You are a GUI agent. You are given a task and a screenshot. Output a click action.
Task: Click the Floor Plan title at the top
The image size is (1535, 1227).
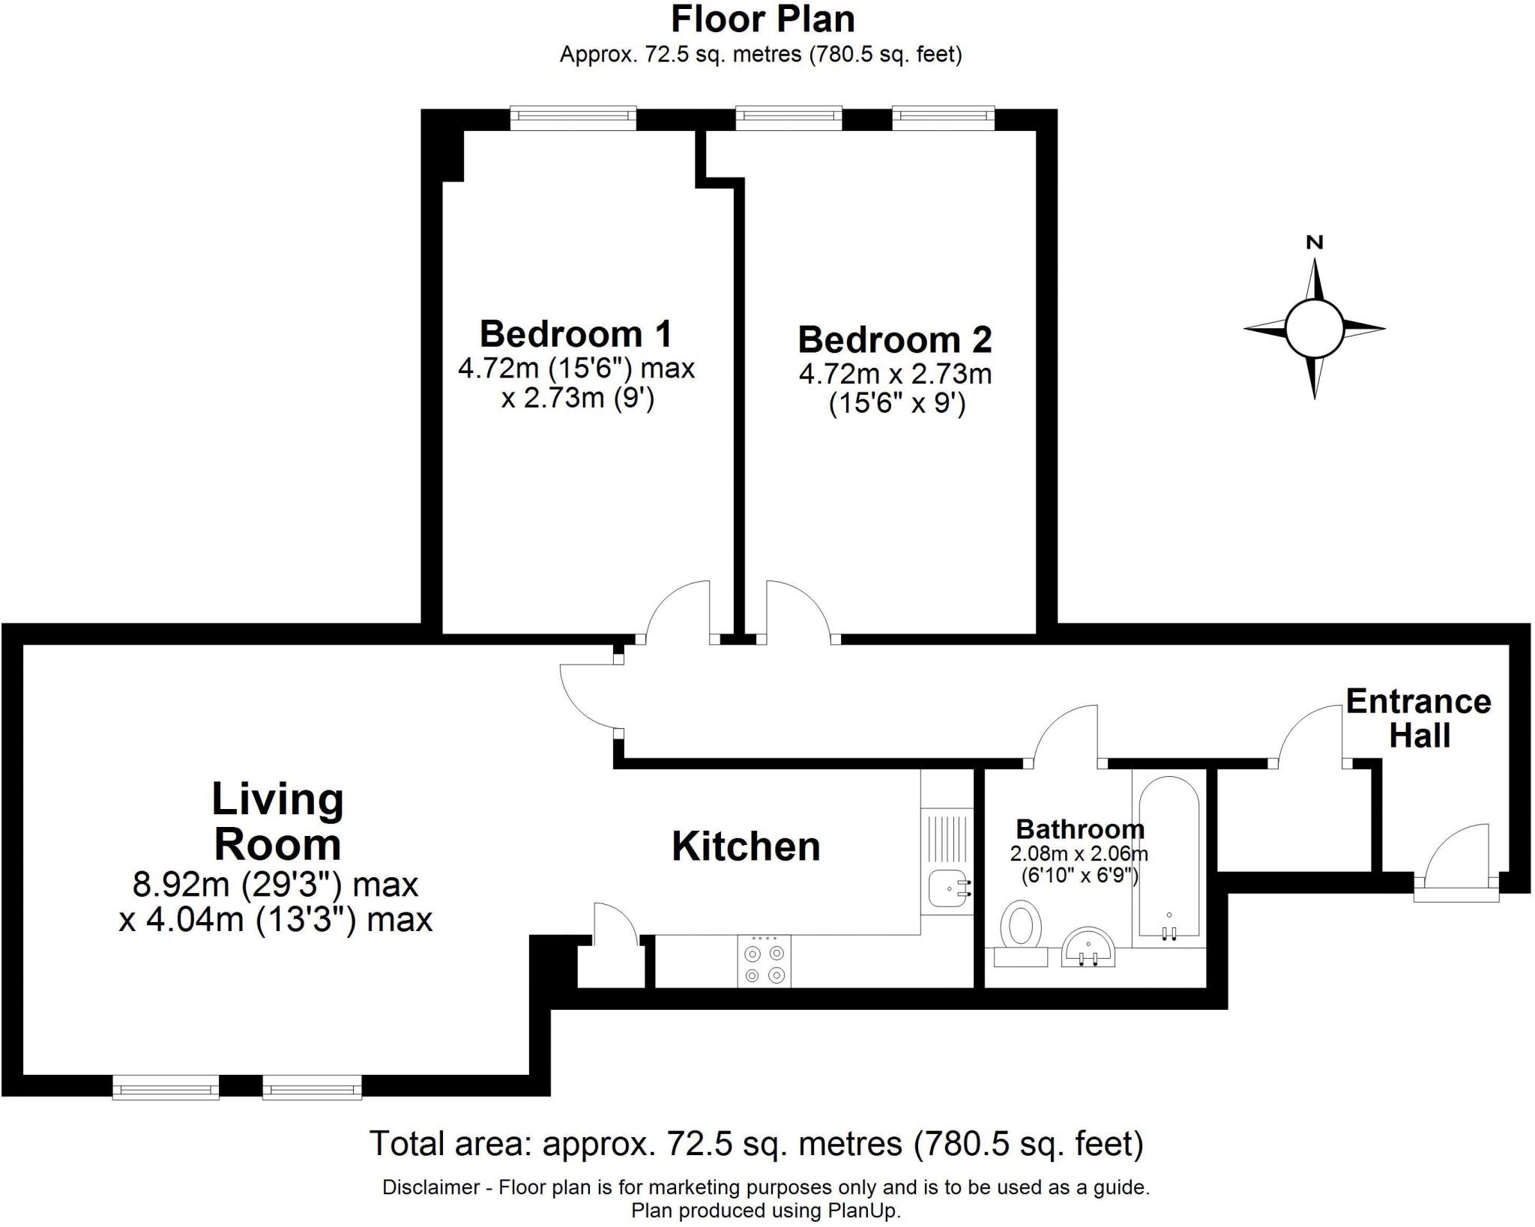point(762,20)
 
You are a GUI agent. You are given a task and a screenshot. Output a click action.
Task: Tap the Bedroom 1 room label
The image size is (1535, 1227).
point(576,334)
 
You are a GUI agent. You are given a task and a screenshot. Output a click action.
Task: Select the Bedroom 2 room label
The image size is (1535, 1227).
point(895,340)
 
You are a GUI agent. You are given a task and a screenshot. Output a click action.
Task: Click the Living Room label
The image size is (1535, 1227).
point(278,821)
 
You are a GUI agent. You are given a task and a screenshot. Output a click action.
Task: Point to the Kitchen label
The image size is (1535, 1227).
point(746,846)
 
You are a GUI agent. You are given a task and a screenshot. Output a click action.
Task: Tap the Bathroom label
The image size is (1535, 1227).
point(1080,829)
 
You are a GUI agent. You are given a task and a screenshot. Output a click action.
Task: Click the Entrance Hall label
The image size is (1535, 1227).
point(1419,718)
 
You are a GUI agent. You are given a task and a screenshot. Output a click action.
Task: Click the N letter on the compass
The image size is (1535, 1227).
point(1315,242)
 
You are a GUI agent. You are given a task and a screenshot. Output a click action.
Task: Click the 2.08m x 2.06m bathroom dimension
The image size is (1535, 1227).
point(1079,853)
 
